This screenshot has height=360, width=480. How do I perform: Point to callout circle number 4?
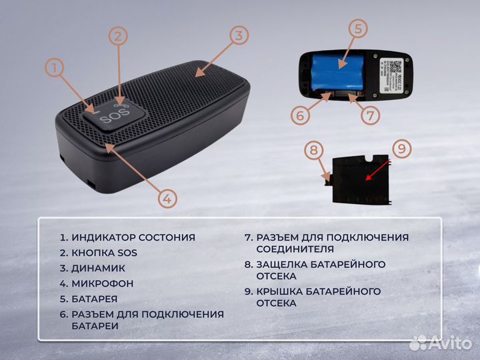(169, 197)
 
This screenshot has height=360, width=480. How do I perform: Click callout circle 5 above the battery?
(359, 29)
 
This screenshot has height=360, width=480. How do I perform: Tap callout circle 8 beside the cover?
(313, 150)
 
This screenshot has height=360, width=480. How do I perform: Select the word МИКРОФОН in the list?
(103, 283)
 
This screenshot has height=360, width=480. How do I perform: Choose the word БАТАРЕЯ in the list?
(95, 299)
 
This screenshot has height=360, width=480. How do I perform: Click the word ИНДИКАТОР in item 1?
(101, 237)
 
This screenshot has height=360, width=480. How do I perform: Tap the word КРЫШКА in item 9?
(278, 291)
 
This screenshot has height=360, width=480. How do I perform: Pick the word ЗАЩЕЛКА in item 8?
(281, 264)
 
